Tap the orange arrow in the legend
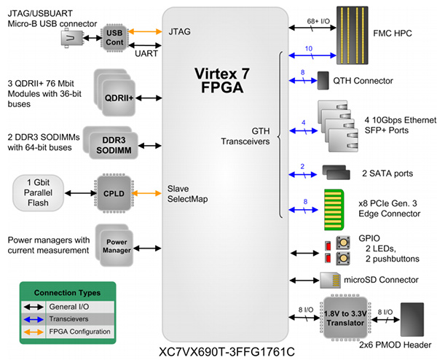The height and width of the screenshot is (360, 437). coord(38,332)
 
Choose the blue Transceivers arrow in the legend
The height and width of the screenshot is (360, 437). coord(38,318)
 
